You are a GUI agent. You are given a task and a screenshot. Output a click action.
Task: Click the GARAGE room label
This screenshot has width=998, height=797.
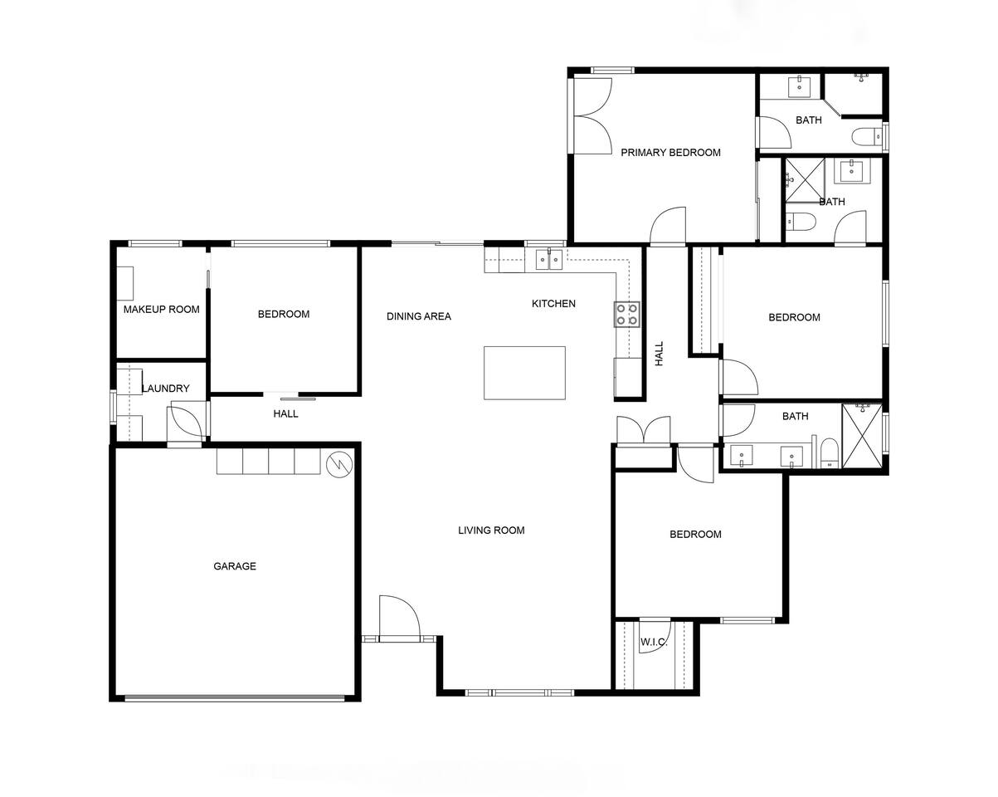[x=235, y=566]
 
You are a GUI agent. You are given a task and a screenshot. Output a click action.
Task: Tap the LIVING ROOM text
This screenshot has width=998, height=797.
[x=491, y=531]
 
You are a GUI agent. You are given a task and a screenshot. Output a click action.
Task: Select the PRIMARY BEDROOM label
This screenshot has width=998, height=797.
[x=670, y=152]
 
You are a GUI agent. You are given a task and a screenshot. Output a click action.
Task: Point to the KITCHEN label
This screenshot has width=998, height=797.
[x=553, y=304]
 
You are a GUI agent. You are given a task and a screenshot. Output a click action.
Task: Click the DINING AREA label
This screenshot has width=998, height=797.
[x=419, y=316]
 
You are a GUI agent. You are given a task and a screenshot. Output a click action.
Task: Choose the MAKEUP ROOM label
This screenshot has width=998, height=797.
[x=162, y=309]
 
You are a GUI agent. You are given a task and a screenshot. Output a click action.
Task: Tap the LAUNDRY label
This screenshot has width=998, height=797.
[x=166, y=388]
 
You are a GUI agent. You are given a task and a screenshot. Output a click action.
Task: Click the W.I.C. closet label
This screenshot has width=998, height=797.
[x=654, y=643]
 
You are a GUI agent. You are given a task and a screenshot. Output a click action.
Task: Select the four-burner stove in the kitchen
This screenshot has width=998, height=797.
[x=627, y=315]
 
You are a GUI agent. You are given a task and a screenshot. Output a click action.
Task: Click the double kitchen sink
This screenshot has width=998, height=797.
[x=549, y=259]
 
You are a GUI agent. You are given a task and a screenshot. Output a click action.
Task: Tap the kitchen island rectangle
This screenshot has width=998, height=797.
[x=524, y=373]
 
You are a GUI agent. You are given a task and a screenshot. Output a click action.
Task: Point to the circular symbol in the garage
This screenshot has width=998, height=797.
[x=339, y=464]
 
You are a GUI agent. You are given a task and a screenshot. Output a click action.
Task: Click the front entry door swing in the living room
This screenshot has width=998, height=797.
[x=399, y=618]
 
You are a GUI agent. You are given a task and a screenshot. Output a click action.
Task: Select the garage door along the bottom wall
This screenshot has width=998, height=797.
[x=235, y=697]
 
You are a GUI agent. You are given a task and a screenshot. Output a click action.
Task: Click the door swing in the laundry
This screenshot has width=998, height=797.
[x=186, y=422]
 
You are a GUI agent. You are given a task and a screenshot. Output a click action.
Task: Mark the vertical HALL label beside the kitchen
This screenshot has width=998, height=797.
[x=659, y=354]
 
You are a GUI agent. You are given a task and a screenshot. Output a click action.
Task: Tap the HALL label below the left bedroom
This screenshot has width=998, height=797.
[x=285, y=413]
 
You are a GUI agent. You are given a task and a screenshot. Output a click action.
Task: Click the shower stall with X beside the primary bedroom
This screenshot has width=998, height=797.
[x=805, y=180]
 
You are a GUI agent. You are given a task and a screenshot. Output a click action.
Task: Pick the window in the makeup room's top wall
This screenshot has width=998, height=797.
[x=155, y=243]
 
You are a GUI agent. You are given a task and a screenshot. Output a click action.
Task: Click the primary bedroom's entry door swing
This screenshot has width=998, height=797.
[x=668, y=226]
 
